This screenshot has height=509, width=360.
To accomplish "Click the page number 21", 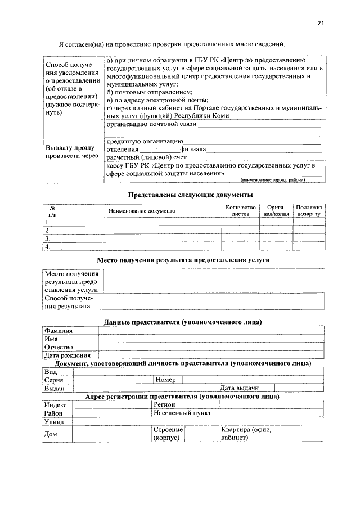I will (321, 23).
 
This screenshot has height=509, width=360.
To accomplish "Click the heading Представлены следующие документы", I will (182, 194).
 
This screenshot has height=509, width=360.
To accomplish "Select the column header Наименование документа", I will (142, 210).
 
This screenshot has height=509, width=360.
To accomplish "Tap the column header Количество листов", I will (240, 211).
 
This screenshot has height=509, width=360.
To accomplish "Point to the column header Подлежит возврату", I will (309, 211).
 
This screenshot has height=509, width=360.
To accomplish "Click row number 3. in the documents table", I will (48, 238).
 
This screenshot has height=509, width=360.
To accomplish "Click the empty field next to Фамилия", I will (211, 331).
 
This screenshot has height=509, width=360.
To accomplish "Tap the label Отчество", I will (60, 347).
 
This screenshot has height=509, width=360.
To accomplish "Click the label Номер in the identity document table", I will (165, 380).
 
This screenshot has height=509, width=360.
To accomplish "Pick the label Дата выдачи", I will (239, 388).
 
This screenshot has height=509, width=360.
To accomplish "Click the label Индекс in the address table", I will (56, 404).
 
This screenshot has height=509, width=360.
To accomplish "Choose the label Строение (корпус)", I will (168, 434).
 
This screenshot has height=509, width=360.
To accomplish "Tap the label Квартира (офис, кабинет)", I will (246, 434).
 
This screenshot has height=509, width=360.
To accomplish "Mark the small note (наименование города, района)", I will (272, 180).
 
